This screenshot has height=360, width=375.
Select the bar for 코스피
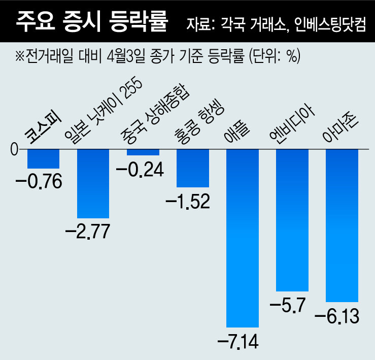coord(43,158)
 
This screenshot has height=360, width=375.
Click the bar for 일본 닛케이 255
coord(93,183)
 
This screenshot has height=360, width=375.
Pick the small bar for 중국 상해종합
coord(143,152)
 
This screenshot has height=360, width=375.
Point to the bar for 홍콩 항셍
coord(192,168)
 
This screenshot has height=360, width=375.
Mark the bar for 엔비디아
coord(292,219)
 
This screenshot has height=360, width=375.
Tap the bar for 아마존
coord(342,225)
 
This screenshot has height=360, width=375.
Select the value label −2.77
coord(88,231)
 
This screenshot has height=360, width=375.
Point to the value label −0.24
coord(140,169)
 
